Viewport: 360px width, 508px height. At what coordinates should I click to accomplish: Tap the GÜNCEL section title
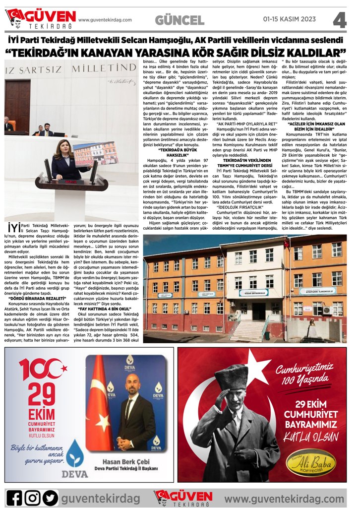pos(180,20)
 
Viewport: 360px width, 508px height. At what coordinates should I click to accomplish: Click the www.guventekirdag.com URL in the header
pos(105,20)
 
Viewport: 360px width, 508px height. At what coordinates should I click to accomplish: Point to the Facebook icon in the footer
pos(14,497)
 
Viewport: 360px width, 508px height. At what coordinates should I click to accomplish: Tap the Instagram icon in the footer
pos(32,497)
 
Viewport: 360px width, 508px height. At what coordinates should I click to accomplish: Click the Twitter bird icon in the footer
pos(50,497)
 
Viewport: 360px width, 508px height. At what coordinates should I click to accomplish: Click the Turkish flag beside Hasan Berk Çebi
pos(99,402)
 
